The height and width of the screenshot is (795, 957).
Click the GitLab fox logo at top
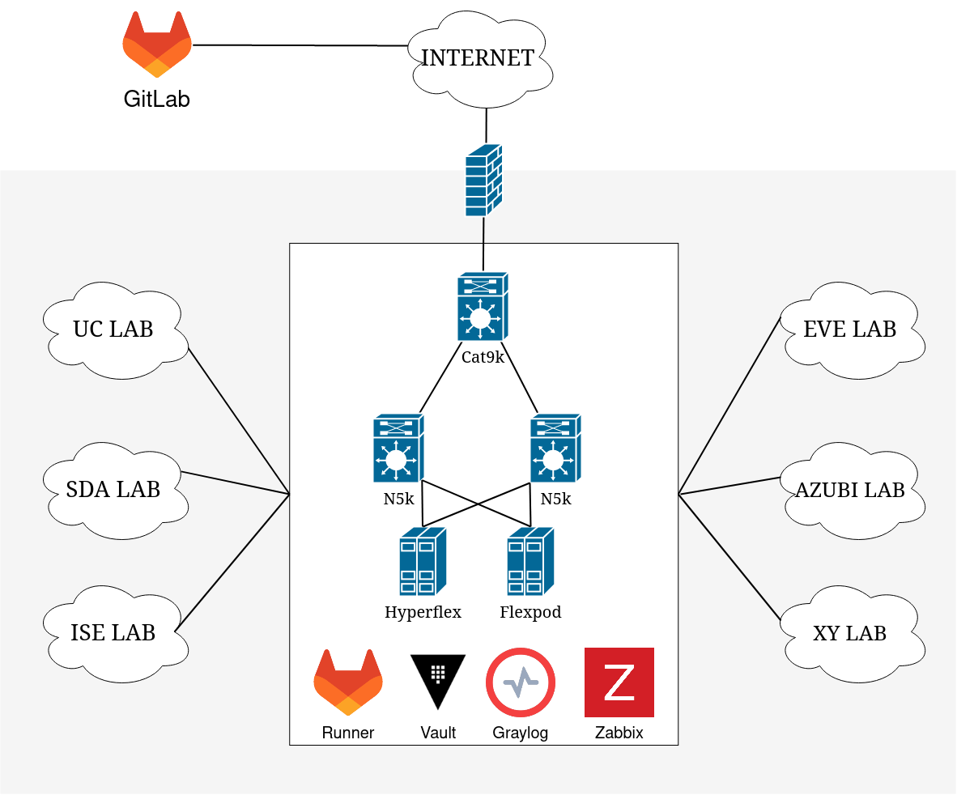pyautogui.click(x=157, y=47)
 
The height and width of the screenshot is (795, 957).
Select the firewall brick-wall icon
pyautogui.click(x=483, y=180)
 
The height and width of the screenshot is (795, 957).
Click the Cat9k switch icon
pyautogui.click(x=482, y=306)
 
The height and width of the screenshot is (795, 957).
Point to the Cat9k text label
pyautogui.click(x=483, y=357)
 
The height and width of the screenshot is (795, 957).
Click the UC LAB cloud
pyautogui.click(x=113, y=329)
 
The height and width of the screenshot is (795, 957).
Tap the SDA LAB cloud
pyautogui.click(x=113, y=489)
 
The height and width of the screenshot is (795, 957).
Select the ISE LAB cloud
pyautogui.click(x=113, y=632)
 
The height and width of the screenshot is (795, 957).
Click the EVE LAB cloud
pyautogui.click(x=850, y=329)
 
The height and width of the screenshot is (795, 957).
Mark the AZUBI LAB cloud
pyautogui.click(x=850, y=490)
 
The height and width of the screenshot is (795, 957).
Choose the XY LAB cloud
pyautogui.click(x=850, y=632)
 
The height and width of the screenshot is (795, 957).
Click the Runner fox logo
pyautogui.click(x=348, y=682)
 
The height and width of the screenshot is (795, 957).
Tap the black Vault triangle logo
pyautogui.click(x=438, y=678)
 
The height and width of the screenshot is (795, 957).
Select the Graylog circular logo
pyautogui.click(x=521, y=682)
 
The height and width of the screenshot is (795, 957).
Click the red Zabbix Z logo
pyautogui.click(x=619, y=682)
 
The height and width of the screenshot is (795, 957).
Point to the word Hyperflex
pyautogui.click(x=423, y=612)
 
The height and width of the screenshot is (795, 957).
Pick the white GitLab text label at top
pyautogui.click(x=158, y=100)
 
